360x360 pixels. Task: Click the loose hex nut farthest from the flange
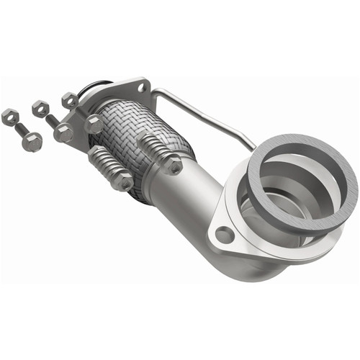click(x=9, y=115)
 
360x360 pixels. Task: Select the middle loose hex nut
click(x=40, y=109)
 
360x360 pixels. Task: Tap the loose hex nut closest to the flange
click(x=70, y=100)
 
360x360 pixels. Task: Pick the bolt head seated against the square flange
click(x=94, y=125)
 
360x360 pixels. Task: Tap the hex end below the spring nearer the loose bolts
click(x=123, y=181)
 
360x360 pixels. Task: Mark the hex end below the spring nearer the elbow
click(x=172, y=165)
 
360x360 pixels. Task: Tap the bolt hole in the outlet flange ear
click(x=225, y=235)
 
